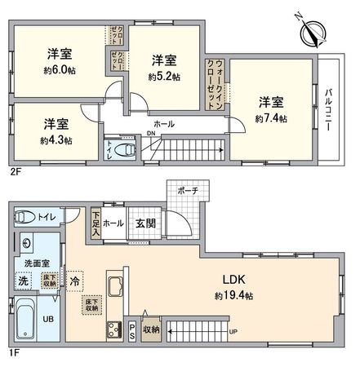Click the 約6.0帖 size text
pyautogui.click(x=59, y=70)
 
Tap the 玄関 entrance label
pyautogui.click(x=145, y=223)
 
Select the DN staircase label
pyautogui.click(x=150, y=134)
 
